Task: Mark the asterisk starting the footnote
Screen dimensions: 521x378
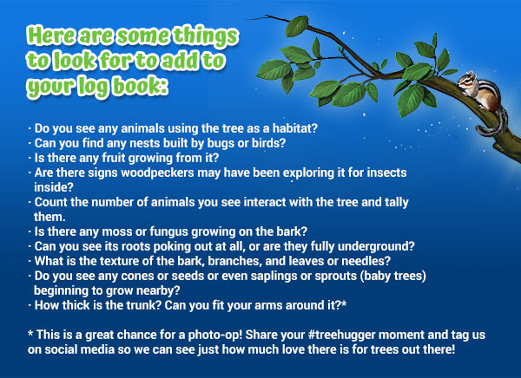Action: coord(30,333)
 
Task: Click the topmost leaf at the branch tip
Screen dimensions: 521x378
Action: coord(296,26)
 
